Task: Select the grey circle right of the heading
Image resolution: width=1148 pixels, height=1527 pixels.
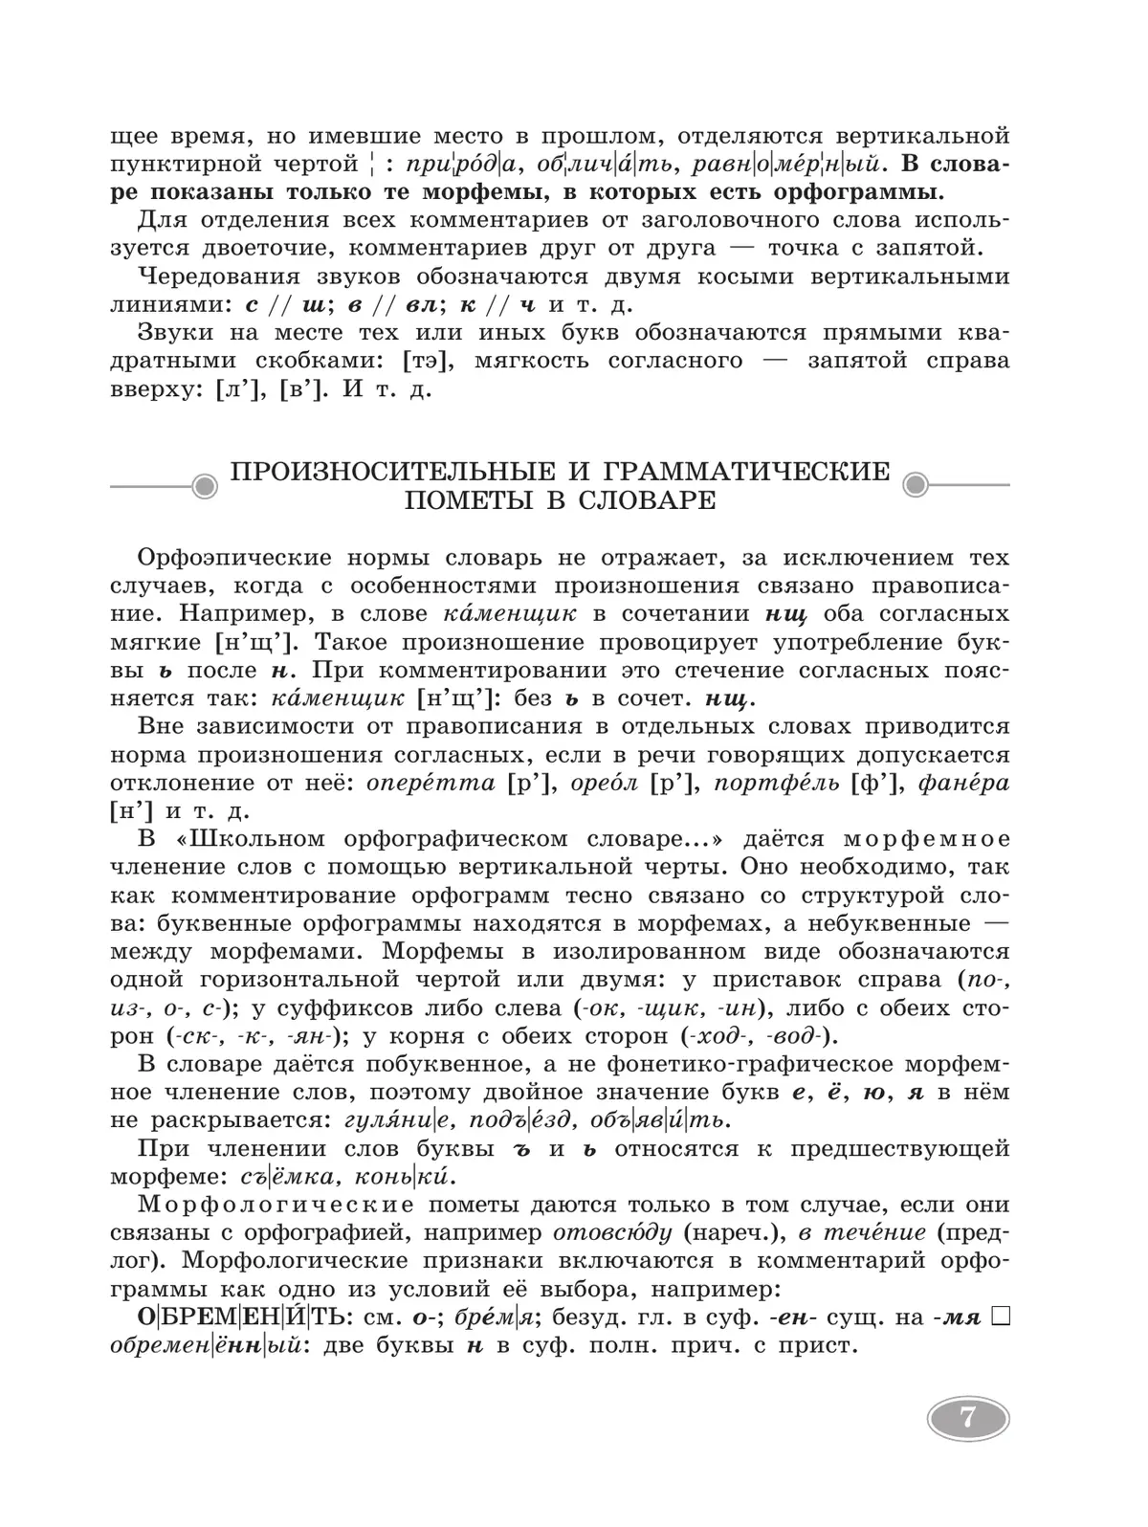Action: pos(916,486)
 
